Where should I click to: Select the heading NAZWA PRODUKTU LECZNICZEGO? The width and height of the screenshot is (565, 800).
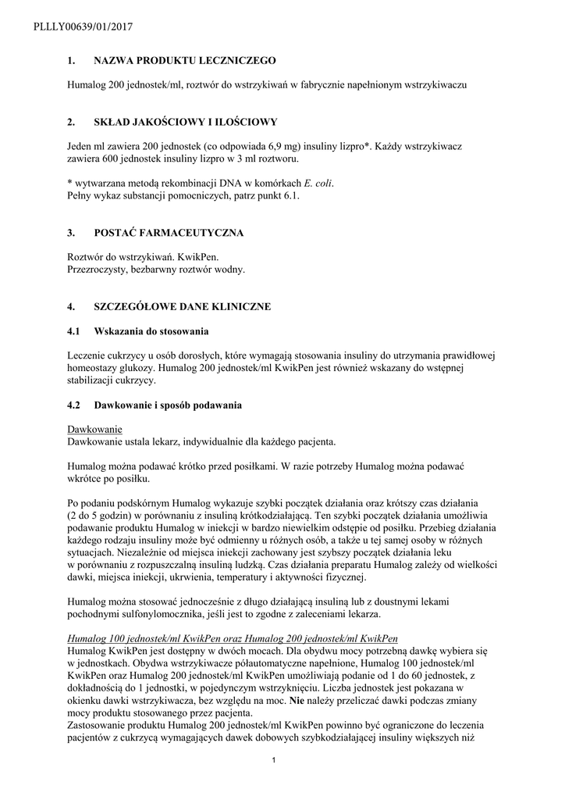tap(185, 60)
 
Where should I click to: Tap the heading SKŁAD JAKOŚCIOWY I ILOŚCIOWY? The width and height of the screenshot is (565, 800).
tap(185, 123)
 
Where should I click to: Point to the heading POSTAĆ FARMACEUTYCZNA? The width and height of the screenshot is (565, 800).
tap(169, 233)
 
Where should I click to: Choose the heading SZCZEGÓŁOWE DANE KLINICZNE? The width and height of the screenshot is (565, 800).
tap(183, 307)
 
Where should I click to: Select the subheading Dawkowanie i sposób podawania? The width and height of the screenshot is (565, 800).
tap(168, 405)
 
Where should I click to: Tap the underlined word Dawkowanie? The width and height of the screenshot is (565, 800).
tap(94, 430)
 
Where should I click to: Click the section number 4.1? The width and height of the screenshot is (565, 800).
tap(74, 332)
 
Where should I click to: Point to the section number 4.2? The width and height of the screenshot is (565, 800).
tap(74, 405)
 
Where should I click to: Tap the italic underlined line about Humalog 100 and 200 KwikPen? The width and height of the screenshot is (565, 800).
tap(233, 638)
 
